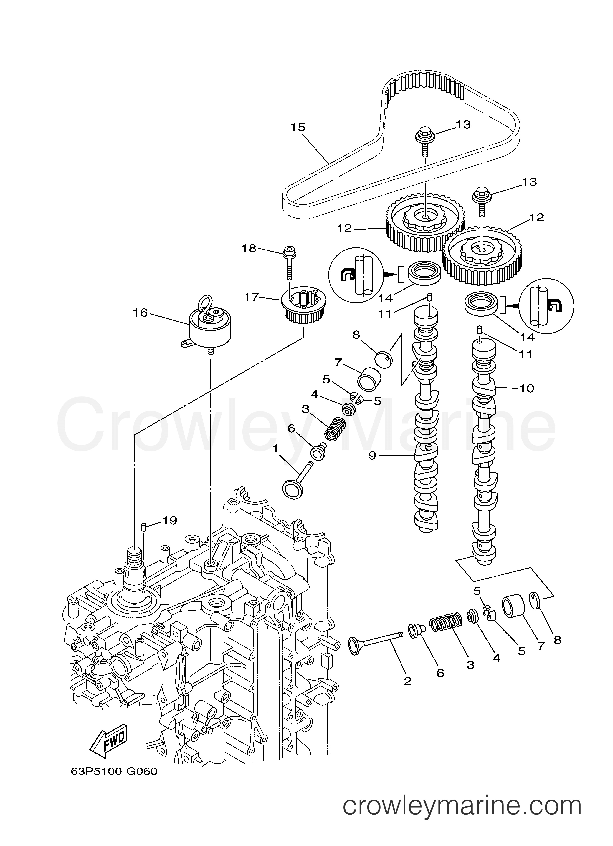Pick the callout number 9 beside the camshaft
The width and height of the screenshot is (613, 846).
point(372,456)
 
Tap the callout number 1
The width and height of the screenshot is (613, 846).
point(275,449)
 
